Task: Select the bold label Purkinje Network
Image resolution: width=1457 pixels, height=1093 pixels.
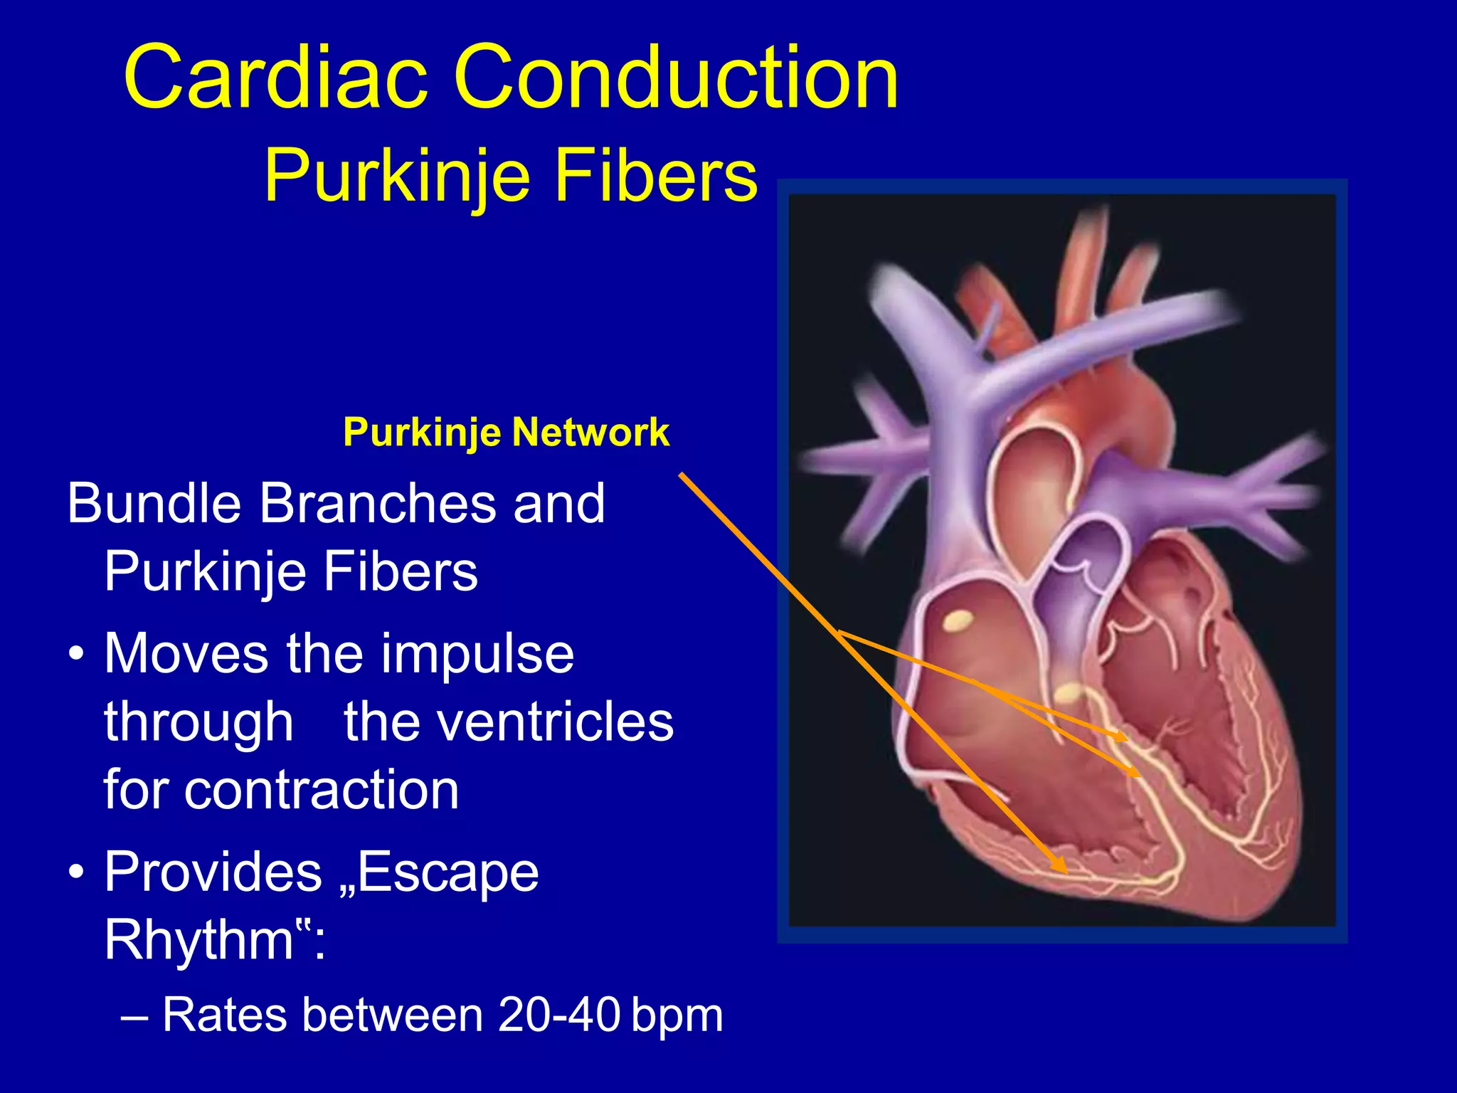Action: click(506, 432)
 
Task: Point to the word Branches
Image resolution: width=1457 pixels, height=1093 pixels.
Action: click(377, 503)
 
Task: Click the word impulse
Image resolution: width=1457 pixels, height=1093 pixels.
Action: click(477, 653)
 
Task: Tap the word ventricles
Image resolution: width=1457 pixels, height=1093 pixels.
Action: click(508, 722)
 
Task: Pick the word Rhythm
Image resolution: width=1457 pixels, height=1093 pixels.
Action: click(199, 940)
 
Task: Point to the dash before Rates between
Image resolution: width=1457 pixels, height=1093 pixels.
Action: click(135, 1016)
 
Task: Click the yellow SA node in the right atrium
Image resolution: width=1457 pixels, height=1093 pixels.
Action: click(958, 622)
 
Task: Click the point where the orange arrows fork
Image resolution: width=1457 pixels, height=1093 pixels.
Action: click(840, 630)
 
